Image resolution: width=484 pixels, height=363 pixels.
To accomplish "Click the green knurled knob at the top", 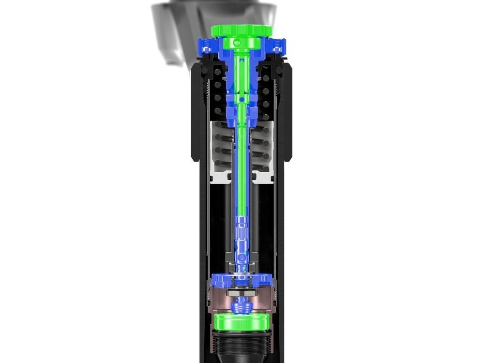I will (x=242, y=30).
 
